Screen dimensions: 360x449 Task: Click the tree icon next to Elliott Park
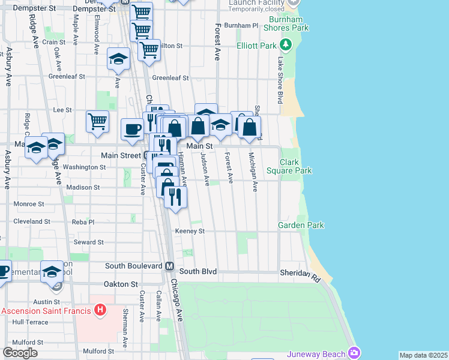coord(286,44)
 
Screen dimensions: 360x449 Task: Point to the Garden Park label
coord(301,225)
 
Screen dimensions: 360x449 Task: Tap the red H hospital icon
coord(100,310)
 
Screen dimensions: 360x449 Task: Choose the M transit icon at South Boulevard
coord(169,266)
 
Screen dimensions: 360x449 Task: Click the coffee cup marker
coord(132,128)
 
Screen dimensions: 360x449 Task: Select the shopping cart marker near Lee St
coord(97,121)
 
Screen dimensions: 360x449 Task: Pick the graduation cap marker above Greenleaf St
coord(118,59)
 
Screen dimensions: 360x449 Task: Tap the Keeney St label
coord(190,231)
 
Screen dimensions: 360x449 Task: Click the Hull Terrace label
coord(25,322)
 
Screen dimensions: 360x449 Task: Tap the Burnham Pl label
coord(240,26)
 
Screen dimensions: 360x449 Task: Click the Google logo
coord(20,352)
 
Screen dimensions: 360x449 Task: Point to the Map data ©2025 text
coord(423,355)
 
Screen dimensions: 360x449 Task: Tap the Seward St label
coord(89,242)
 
